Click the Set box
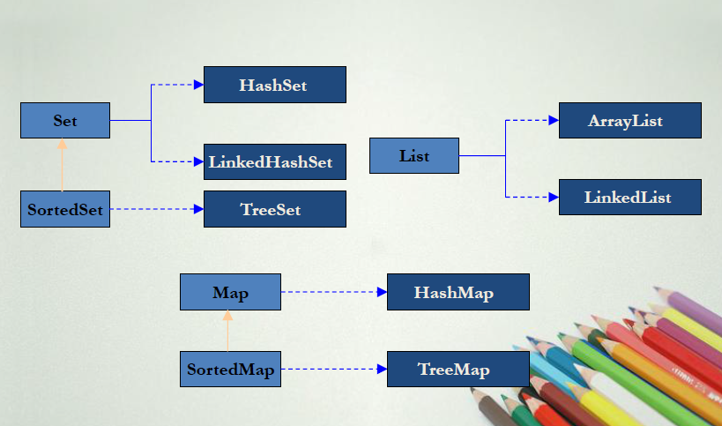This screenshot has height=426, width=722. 65,120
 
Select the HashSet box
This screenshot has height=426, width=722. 274,85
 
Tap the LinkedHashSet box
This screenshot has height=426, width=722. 274,162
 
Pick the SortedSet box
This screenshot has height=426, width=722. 65,209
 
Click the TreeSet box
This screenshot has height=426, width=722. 274,209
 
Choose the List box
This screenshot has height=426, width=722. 414,155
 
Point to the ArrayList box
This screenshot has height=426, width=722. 629,120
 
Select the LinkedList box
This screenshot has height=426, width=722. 629,197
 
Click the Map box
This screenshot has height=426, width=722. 230,292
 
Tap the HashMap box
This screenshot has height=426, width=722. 458,292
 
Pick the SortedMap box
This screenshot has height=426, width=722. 230,369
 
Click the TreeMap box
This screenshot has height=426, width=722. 458,369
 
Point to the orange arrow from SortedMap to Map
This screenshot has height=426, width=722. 227,331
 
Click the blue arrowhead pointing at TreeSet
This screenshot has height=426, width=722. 198,209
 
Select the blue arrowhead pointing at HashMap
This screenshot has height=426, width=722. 382,292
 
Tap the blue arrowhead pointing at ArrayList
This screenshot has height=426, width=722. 554,120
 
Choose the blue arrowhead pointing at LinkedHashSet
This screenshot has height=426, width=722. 198,161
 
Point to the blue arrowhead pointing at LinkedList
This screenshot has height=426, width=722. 554,197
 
